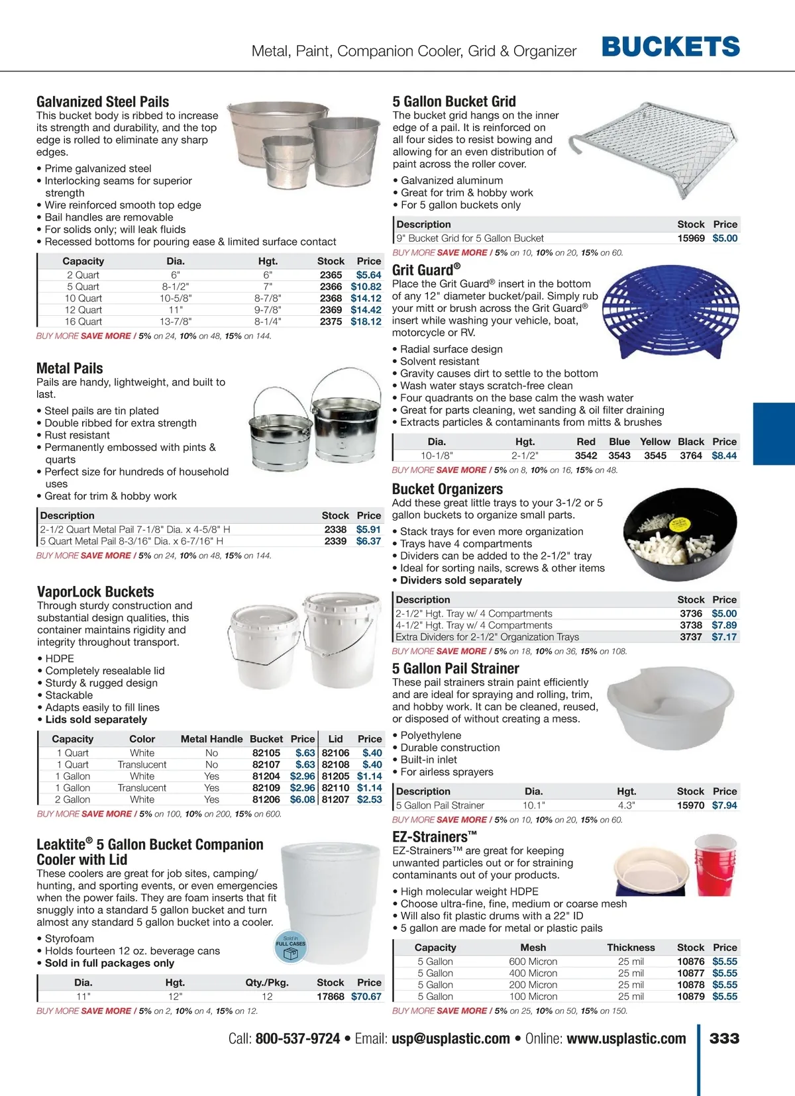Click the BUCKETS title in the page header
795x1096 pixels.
(x=670, y=47)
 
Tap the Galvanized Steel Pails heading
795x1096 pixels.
(x=103, y=102)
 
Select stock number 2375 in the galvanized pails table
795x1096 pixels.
(x=331, y=322)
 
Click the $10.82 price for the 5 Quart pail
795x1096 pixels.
(x=366, y=287)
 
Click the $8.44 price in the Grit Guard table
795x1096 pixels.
(x=724, y=456)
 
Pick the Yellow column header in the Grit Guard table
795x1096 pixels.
(x=655, y=442)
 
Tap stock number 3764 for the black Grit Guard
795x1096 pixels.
(x=691, y=456)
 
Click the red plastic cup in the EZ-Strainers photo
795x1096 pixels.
(x=715, y=864)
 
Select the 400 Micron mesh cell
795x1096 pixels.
(x=533, y=973)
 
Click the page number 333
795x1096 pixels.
(x=724, y=1038)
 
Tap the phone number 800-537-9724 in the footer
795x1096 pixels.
(x=297, y=1038)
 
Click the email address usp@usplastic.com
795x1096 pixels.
(x=450, y=1038)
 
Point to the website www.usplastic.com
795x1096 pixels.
(x=626, y=1038)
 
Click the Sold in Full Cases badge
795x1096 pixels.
(x=291, y=947)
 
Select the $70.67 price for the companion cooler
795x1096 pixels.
(x=366, y=997)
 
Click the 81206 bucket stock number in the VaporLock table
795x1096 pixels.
(x=266, y=800)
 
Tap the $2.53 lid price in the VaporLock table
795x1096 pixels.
(x=370, y=800)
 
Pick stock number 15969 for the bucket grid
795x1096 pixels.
(x=691, y=238)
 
